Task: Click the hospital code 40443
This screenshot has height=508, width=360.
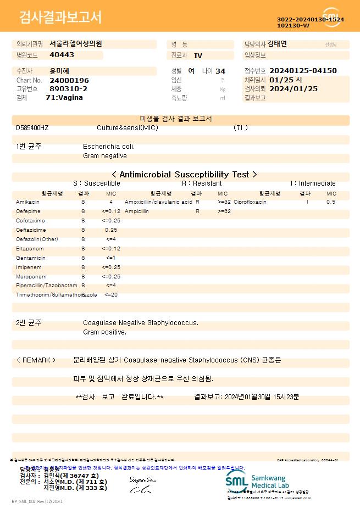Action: point(62,55)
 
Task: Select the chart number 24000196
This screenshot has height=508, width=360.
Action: point(69,80)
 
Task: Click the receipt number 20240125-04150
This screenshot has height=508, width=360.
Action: point(303,71)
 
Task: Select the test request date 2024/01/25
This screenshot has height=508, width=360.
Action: point(293,88)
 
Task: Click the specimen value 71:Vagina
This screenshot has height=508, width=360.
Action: point(64,97)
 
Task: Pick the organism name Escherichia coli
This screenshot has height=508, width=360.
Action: point(109,147)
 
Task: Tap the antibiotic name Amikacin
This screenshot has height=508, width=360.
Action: point(27,202)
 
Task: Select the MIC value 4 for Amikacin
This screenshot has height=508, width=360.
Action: point(111,202)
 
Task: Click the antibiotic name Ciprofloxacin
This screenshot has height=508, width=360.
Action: point(250,202)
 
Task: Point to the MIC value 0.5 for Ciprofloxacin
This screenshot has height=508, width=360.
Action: point(331,202)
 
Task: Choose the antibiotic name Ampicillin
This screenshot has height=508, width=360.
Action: point(137,211)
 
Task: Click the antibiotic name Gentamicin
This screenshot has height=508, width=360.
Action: point(31,258)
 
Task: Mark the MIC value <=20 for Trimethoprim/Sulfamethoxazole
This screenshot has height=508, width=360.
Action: point(111,295)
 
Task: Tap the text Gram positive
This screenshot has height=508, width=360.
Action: point(104,332)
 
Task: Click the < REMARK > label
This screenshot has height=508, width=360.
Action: point(36,360)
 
